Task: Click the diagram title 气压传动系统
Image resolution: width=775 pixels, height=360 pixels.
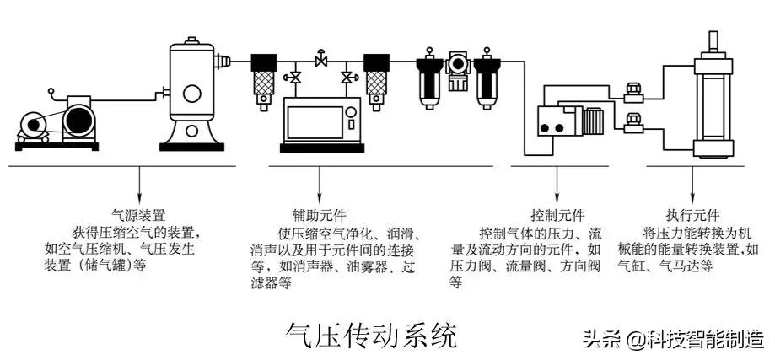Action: click(372, 335)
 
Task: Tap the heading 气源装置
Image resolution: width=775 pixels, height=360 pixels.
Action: click(138, 215)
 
